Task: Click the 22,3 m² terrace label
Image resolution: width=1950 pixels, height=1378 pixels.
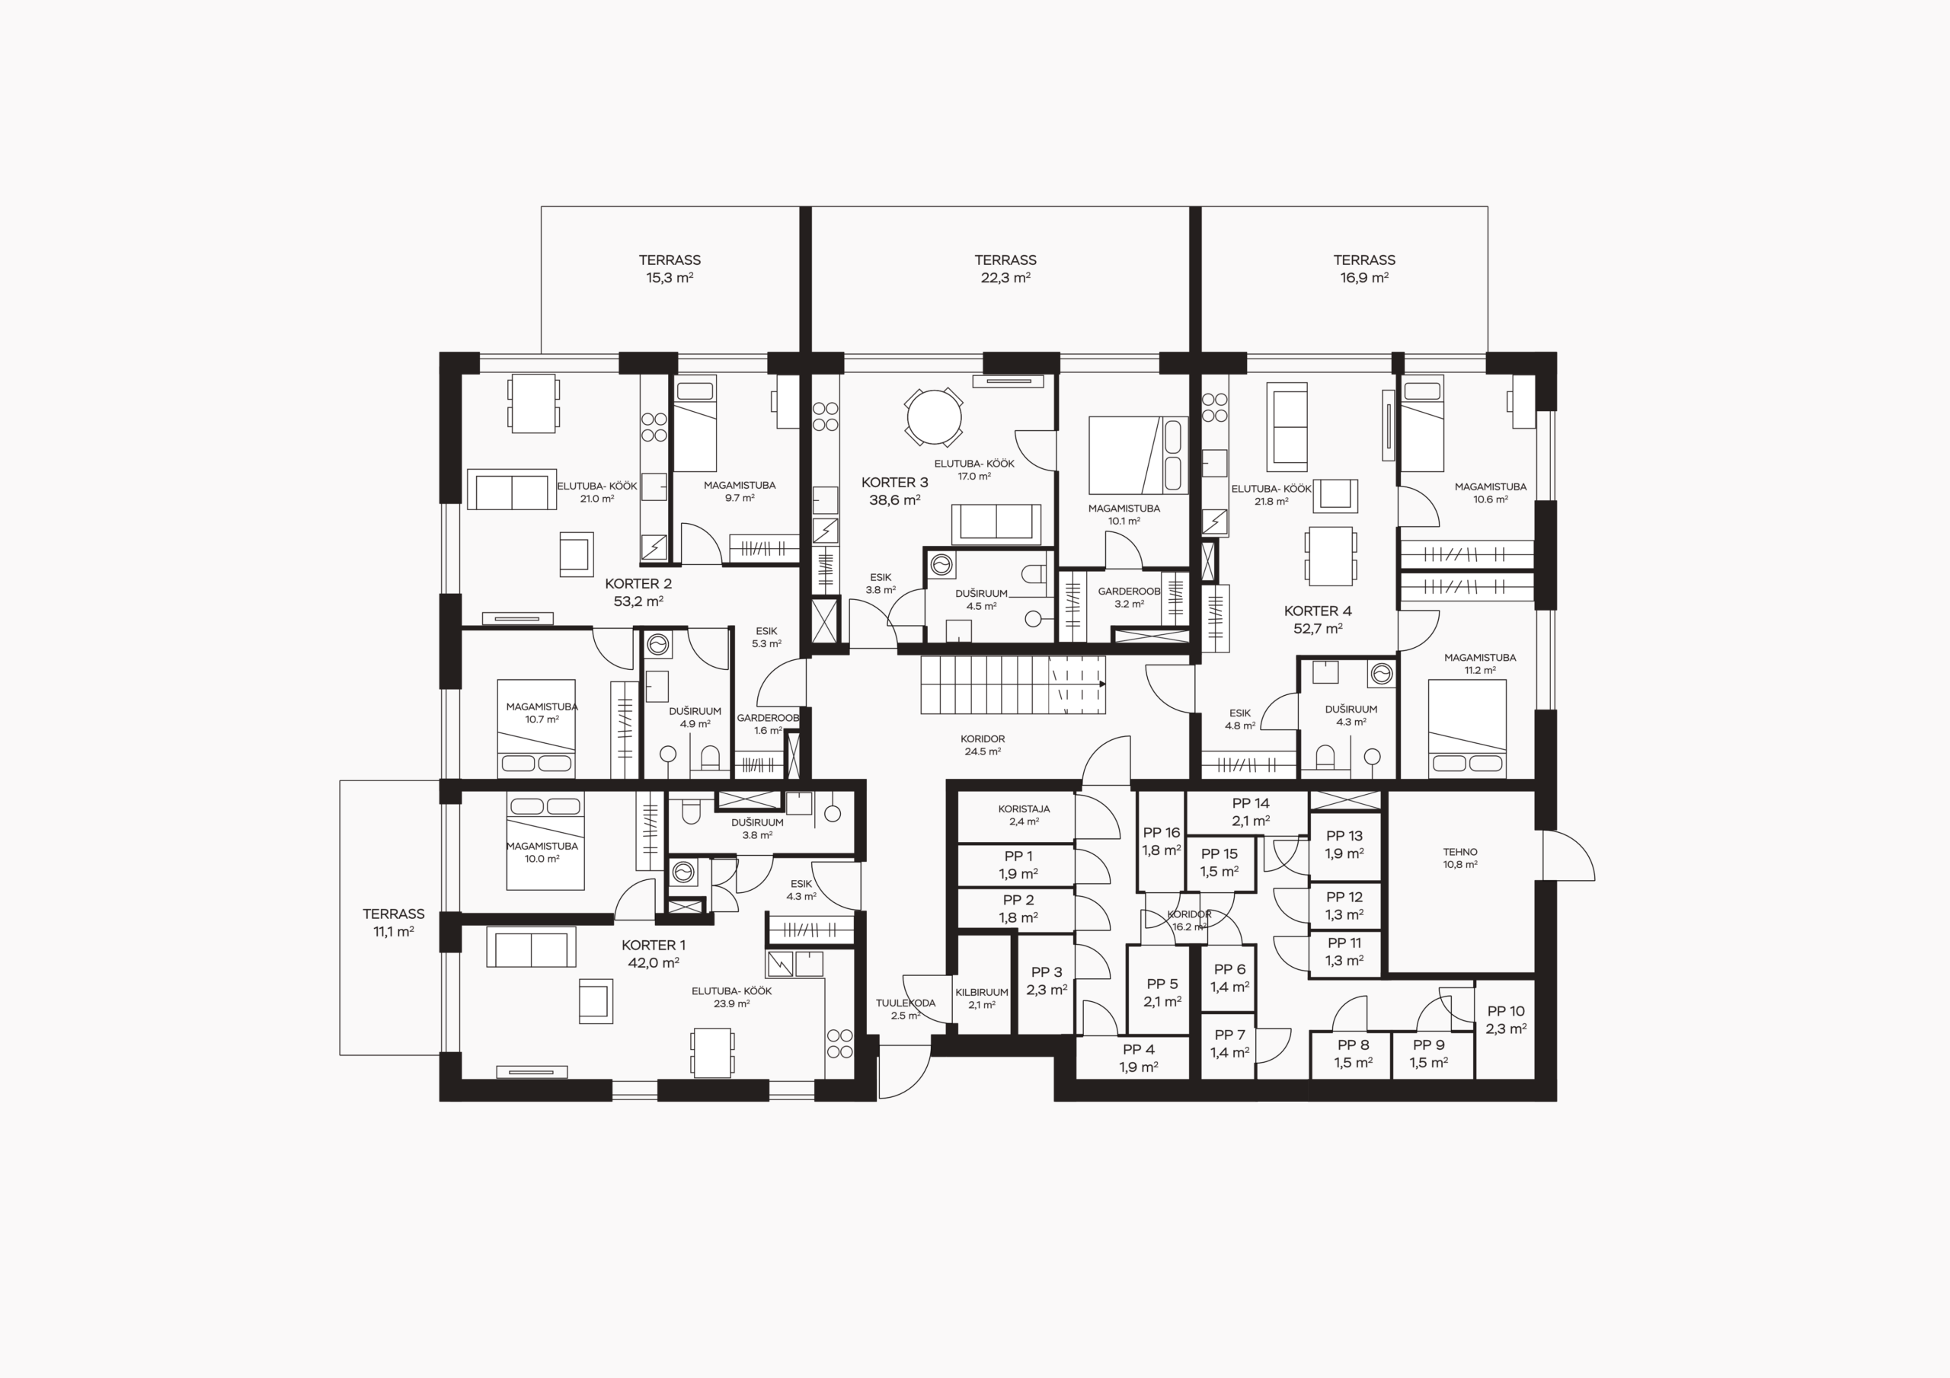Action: (1005, 268)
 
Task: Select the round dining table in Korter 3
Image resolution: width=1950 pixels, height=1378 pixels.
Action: (934, 417)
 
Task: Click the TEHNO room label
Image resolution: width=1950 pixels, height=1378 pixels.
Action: (1460, 857)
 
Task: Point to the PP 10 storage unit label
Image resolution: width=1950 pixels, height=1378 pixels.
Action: (1507, 1019)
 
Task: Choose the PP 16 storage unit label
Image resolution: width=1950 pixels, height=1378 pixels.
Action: (1161, 841)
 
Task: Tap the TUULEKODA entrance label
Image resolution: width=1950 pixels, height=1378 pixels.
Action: (906, 1009)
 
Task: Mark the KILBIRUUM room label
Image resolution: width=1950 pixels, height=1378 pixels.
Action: (982, 997)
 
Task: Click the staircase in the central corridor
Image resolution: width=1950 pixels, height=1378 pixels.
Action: (1013, 684)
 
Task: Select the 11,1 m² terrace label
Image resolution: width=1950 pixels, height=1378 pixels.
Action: (393, 922)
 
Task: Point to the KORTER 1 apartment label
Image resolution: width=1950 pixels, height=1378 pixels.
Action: (653, 953)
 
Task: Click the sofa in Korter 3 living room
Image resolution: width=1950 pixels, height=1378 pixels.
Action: (996, 524)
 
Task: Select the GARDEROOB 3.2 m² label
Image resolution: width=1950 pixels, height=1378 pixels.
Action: (1129, 597)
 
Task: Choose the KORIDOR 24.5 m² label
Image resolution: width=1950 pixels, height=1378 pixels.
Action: (983, 745)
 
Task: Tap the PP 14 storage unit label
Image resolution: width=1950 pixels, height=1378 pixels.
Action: (1251, 812)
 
